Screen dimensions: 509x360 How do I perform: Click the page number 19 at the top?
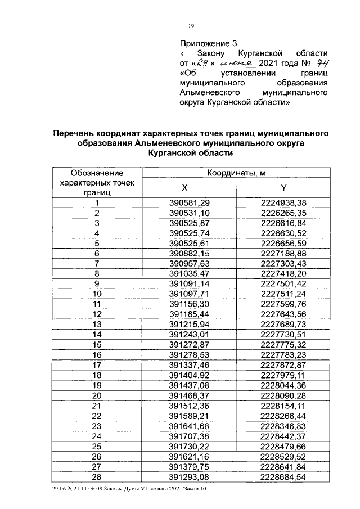[191, 26]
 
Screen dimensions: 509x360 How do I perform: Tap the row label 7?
[97, 263]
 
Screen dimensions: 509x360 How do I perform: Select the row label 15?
[97, 344]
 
